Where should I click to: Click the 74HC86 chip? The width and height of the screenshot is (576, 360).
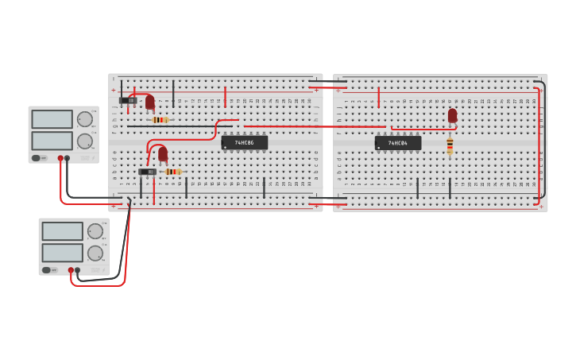pyautogui.click(x=244, y=143)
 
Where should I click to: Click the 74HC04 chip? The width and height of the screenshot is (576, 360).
pyautogui.click(x=397, y=143)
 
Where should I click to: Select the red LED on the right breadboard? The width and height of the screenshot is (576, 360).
pyautogui.click(x=452, y=115)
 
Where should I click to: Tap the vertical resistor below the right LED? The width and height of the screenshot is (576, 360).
pyautogui.click(x=450, y=145)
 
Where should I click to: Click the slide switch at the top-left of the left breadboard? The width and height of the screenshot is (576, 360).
pyautogui.click(x=127, y=100)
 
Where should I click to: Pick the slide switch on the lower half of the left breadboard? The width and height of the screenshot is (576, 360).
pyautogui.click(x=147, y=172)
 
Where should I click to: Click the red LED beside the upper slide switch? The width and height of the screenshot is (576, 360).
pyautogui.click(x=149, y=102)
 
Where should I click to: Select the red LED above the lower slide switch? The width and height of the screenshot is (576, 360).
pyautogui.click(x=163, y=153)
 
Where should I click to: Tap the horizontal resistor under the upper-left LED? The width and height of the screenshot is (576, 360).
pyautogui.click(x=160, y=120)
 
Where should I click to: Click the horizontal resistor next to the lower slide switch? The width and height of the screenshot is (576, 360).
pyautogui.click(x=172, y=172)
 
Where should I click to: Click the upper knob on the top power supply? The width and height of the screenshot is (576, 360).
pyautogui.click(x=84, y=119)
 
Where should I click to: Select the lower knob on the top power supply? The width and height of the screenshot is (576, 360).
pyautogui.click(x=84, y=141)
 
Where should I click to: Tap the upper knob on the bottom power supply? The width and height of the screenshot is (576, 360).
pyautogui.click(x=95, y=231)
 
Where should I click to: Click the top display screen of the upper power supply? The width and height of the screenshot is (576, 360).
pyautogui.click(x=52, y=119)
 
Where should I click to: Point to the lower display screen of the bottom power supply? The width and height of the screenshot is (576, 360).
pyautogui.click(x=62, y=253)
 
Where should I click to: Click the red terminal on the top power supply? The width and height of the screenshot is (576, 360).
pyautogui.click(x=60, y=158)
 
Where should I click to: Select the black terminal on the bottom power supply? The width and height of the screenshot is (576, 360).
pyautogui.click(x=77, y=270)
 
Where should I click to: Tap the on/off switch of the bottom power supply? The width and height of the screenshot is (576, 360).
pyautogui.click(x=48, y=270)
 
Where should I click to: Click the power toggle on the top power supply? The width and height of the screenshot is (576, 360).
pyautogui.click(x=37, y=158)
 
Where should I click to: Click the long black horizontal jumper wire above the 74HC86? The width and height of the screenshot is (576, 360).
pyautogui.click(x=179, y=126)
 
